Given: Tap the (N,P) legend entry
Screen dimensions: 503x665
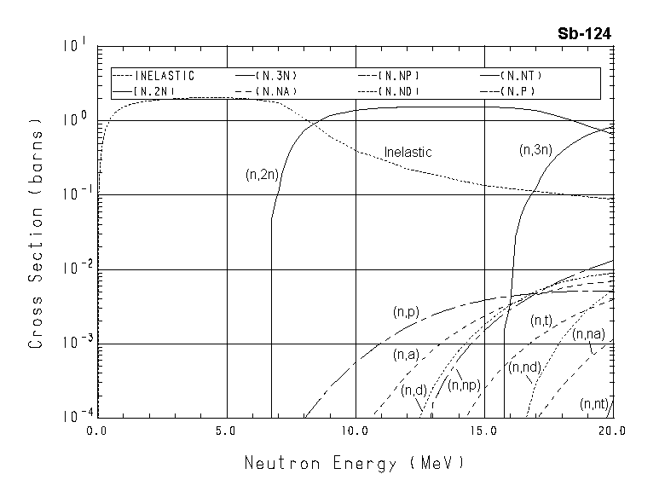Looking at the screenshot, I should point(517,90).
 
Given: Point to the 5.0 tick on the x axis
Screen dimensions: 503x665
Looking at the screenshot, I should point(226,431).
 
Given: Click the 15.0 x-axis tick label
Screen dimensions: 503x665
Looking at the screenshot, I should point(483,431).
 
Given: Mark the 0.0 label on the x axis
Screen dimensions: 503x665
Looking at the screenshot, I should point(97,431).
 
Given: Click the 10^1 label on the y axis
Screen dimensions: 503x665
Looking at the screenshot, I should point(75,44).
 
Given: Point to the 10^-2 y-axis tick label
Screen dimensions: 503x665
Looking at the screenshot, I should point(73,269).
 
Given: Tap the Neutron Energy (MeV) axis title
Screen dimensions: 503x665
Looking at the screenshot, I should point(354,464).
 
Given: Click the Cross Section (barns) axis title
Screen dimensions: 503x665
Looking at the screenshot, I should point(37,231).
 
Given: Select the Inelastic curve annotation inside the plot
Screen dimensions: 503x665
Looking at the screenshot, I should point(408,152).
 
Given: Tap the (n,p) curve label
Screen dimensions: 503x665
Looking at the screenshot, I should point(406,313).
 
